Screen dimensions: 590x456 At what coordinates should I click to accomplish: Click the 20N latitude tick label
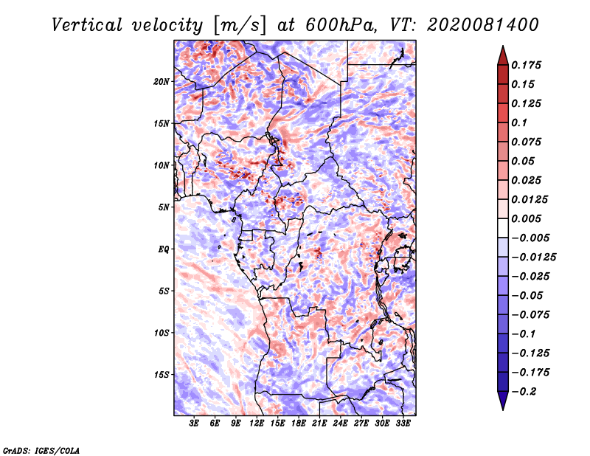click(162, 82)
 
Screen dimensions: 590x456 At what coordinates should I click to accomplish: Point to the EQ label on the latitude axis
click(163, 249)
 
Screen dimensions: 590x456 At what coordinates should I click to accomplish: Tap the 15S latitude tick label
click(162, 375)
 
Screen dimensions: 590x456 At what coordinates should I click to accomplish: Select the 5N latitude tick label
click(164, 207)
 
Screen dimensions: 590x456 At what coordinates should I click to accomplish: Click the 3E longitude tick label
click(194, 424)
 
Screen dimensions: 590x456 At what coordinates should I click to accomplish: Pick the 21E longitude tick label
click(319, 424)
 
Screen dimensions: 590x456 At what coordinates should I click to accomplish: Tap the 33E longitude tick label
click(403, 424)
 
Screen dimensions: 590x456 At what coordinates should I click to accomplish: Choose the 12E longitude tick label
click(256, 424)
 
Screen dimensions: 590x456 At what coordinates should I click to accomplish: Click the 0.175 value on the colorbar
click(526, 65)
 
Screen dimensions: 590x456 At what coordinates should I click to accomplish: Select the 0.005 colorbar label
click(526, 218)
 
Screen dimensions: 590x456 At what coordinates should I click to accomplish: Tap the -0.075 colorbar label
click(530, 315)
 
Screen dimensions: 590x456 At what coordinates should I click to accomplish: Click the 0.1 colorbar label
click(519, 122)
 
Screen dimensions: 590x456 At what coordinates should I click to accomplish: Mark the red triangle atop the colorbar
click(503, 56)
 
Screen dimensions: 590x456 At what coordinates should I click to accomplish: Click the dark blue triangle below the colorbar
click(503, 401)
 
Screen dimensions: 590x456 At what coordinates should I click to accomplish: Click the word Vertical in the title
click(86, 25)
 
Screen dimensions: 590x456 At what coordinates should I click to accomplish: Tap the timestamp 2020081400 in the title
click(483, 25)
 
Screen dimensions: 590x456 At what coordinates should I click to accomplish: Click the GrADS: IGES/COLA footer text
click(41, 450)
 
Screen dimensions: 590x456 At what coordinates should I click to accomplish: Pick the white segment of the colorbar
click(503, 228)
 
